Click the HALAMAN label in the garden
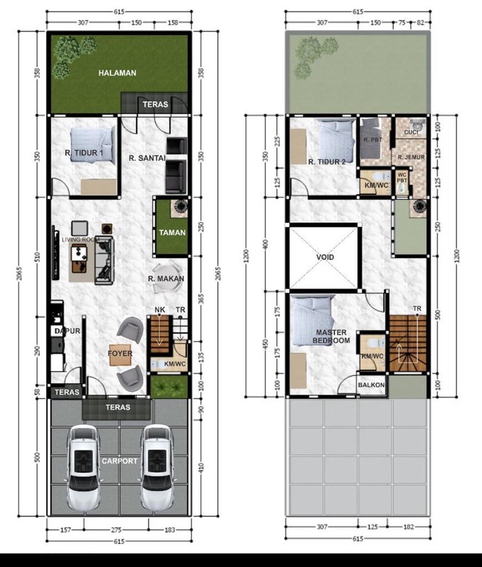click(x=117, y=73)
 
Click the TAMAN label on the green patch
click(x=171, y=232)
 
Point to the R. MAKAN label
click(x=167, y=279)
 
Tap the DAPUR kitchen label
click(x=59, y=331)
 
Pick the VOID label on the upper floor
click(x=325, y=257)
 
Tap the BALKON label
click(x=371, y=386)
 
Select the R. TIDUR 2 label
click(x=327, y=162)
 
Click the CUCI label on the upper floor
click(x=410, y=133)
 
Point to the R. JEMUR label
click(x=410, y=157)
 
